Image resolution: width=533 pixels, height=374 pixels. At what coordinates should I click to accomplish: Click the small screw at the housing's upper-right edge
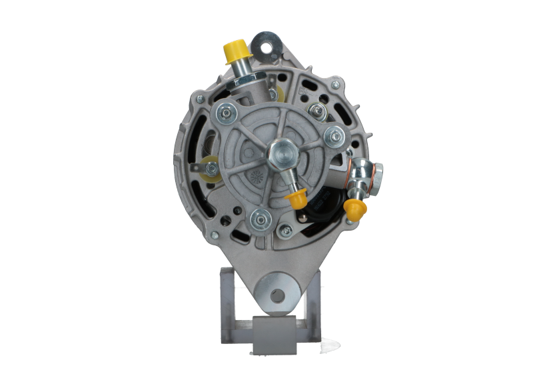[x=336, y=84]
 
